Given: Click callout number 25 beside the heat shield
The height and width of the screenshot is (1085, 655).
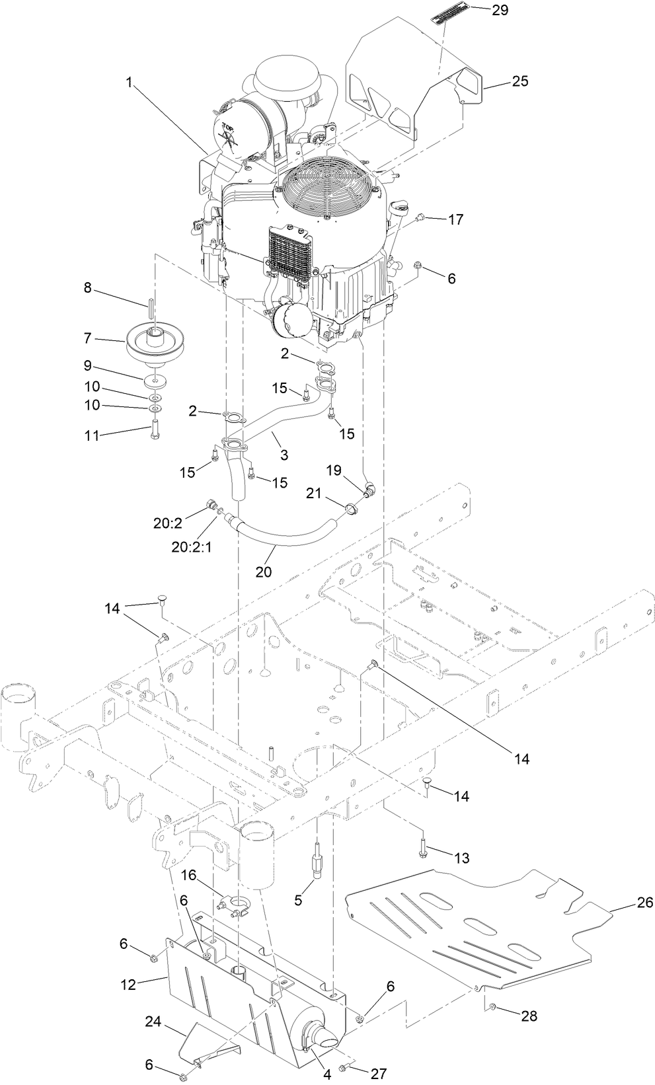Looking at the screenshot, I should (x=520, y=81).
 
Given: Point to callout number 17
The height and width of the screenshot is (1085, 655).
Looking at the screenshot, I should (x=455, y=219).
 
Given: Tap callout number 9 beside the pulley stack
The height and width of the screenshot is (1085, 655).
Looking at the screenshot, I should (x=88, y=365).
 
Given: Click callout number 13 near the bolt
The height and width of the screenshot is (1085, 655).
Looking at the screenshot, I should (x=461, y=858).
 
